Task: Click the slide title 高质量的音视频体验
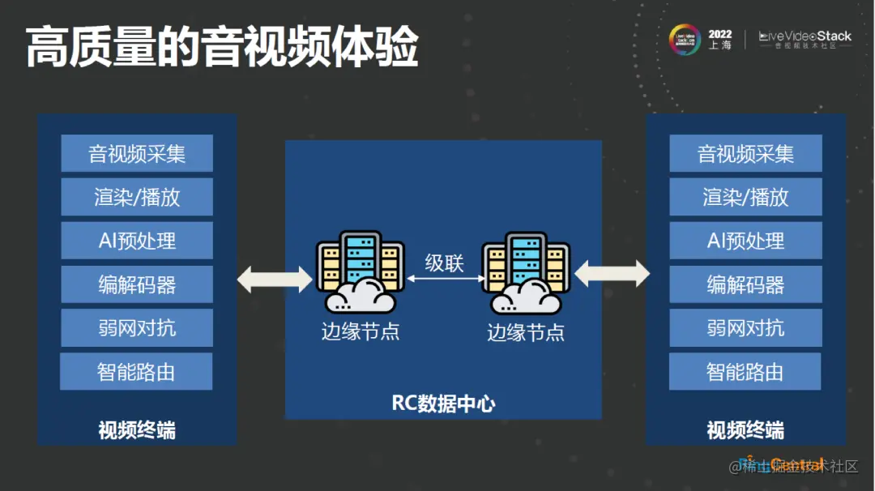[x=222, y=47]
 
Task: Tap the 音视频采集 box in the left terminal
[x=136, y=153]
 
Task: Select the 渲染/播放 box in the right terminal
[x=745, y=197]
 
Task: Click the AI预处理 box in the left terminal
[x=136, y=241]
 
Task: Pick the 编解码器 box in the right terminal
[x=745, y=284]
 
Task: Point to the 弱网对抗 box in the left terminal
[x=136, y=328]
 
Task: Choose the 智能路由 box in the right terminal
[x=745, y=372]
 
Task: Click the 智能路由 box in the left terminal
[x=136, y=372]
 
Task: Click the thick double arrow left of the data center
[x=275, y=279]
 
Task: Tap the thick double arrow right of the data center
[x=612, y=274]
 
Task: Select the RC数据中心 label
[x=443, y=403]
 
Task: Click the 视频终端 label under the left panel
[x=136, y=429]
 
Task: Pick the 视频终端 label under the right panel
[x=745, y=429]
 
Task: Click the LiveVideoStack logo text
[x=805, y=36]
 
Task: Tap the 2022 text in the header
[x=719, y=34]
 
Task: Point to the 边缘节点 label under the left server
[x=361, y=331]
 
